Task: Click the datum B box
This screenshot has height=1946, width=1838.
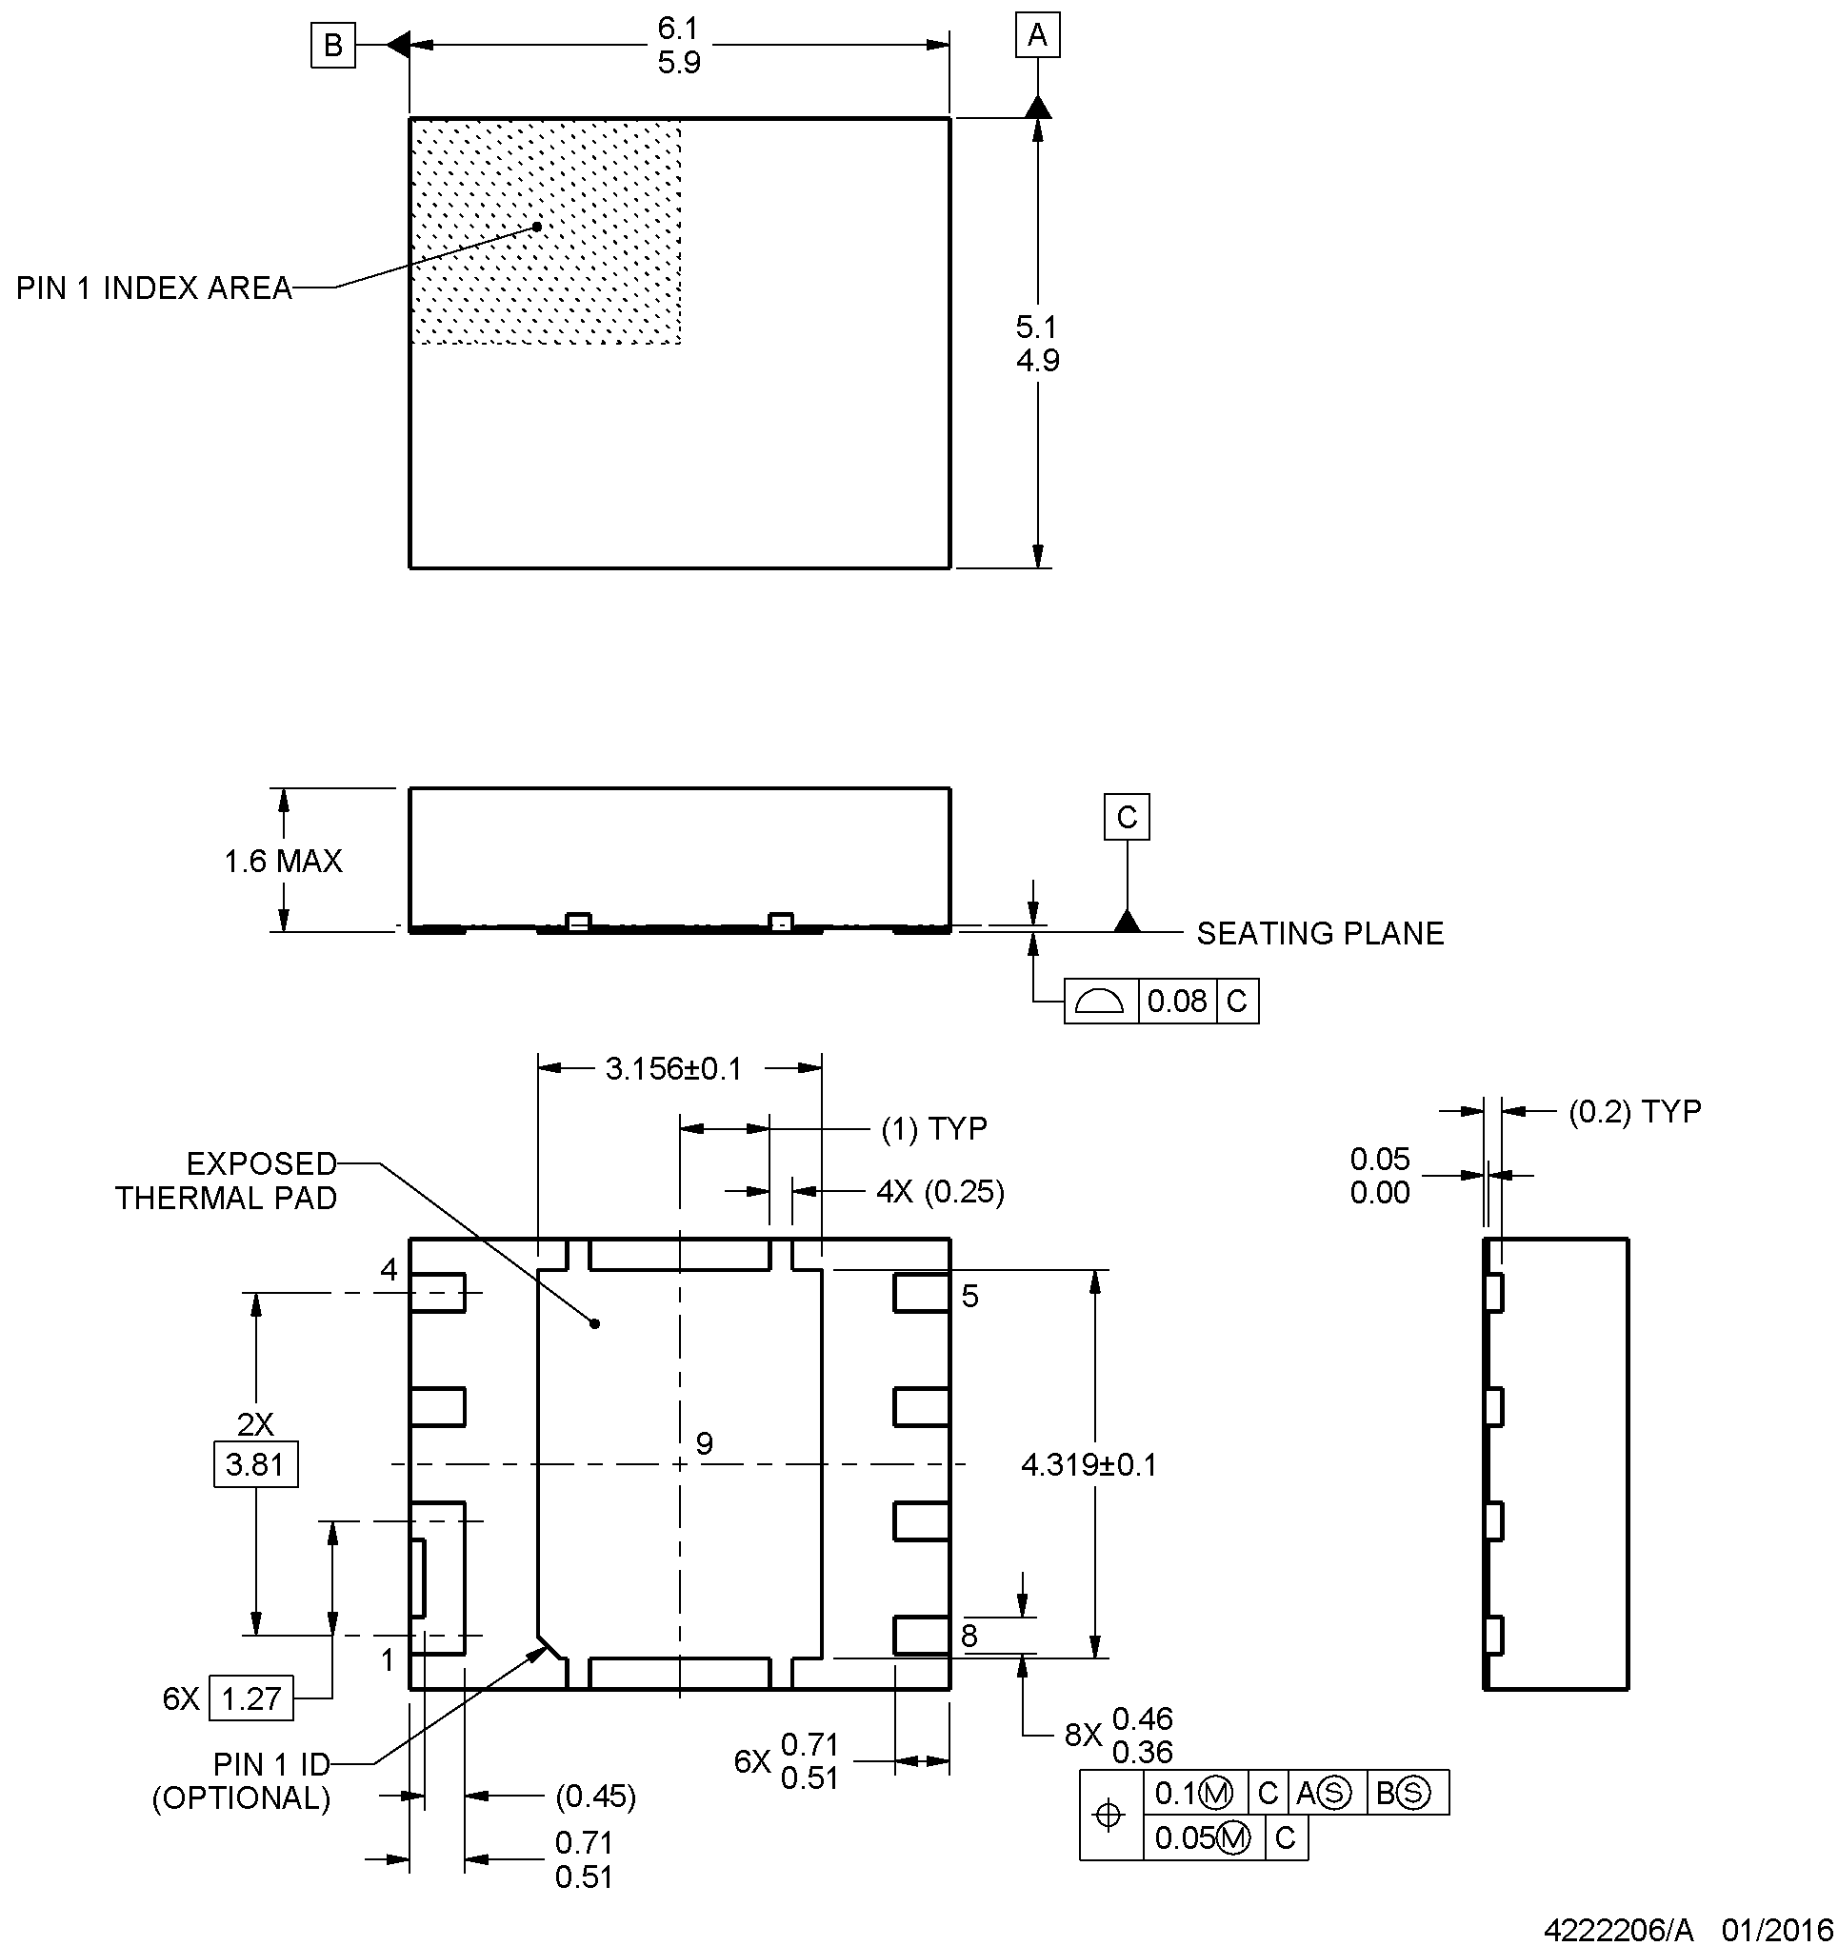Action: tap(333, 45)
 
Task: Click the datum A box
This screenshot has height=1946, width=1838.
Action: tap(1037, 36)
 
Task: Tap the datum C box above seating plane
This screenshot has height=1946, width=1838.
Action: tap(1127, 817)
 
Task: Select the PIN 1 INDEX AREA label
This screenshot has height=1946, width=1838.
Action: tap(154, 288)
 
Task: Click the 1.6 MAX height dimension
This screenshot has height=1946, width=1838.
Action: tap(283, 861)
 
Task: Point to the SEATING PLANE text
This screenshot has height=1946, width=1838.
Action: tap(1320, 933)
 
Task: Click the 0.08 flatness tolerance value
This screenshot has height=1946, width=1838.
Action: tap(1177, 1001)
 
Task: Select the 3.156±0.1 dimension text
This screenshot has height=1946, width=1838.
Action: tap(673, 1068)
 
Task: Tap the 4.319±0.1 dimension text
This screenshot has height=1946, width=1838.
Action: tap(1089, 1465)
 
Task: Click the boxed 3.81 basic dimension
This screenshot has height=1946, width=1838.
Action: tap(254, 1464)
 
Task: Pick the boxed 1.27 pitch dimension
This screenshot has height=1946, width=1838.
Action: tap(250, 1698)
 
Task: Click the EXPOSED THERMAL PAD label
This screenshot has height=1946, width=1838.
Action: tap(227, 1181)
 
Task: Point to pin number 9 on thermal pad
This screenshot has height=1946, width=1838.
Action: tap(705, 1442)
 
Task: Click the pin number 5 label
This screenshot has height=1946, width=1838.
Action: tap(969, 1297)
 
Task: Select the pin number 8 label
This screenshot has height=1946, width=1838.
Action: tap(969, 1636)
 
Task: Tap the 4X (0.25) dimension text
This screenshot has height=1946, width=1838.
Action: tap(940, 1192)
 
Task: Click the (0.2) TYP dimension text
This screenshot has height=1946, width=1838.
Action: tap(1634, 1112)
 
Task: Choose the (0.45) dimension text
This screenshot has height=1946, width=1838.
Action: tap(596, 1797)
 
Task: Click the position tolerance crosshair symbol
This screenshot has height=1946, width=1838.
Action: tap(1109, 1815)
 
